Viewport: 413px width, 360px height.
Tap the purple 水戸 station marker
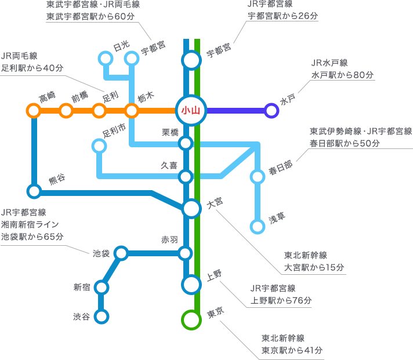pos(271,110)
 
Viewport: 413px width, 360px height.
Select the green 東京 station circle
pos(191,319)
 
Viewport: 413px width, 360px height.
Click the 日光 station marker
pos(106,58)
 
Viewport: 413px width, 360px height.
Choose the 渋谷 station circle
pos(102,317)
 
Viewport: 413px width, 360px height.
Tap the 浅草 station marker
pos(258,227)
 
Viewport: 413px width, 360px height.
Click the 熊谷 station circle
pos(34,191)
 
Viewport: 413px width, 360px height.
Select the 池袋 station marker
pos(121,253)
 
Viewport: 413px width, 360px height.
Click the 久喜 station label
pos(169,165)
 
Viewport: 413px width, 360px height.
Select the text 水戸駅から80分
pos(343,75)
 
